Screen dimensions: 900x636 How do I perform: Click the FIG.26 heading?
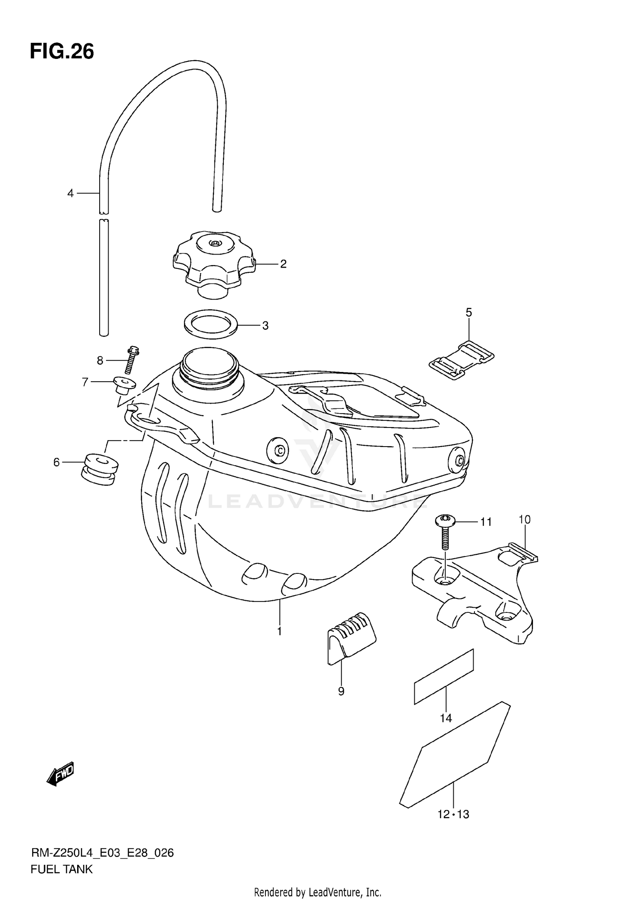(x=62, y=52)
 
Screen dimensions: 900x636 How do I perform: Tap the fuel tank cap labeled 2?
(x=214, y=260)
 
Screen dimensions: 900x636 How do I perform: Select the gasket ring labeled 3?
(x=211, y=324)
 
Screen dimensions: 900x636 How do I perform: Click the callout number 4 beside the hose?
(x=70, y=193)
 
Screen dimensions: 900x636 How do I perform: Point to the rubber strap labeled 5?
(x=461, y=360)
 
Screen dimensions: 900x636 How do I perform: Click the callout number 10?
(x=524, y=519)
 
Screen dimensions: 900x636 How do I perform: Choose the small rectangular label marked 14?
(x=444, y=676)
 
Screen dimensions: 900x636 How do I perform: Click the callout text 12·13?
(x=453, y=814)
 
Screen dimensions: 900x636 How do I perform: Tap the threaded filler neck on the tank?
(x=208, y=367)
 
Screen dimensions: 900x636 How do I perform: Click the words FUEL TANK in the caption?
(x=61, y=869)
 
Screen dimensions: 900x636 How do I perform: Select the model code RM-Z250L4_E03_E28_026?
(x=102, y=853)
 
